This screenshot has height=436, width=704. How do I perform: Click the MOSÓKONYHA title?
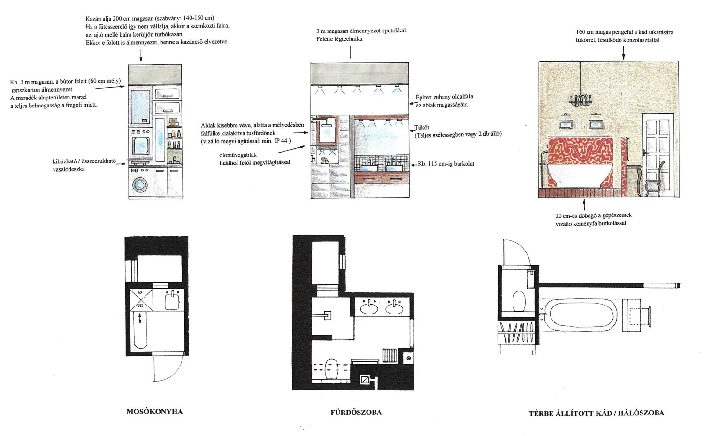(x=154, y=412)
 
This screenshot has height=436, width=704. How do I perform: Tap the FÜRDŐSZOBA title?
(x=356, y=413)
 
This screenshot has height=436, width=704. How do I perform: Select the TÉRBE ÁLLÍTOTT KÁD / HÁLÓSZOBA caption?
(x=596, y=413)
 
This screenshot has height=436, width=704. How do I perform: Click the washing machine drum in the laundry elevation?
(x=138, y=184)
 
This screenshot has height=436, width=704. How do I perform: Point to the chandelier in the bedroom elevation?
(x=580, y=99)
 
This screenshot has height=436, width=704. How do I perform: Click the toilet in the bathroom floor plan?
(x=331, y=369)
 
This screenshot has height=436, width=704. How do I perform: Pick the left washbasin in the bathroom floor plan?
(x=369, y=308)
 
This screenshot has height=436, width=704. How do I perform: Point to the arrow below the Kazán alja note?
(x=141, y=55)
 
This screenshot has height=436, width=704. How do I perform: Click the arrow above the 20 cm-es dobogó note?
(x=584, y=205)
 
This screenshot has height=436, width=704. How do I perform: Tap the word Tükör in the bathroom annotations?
(x=422, y=127)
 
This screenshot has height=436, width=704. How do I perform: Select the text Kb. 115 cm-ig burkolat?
(x=446, y=164)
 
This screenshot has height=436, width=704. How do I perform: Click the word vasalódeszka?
(x=69, y=169)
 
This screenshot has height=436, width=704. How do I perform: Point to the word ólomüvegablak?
(x=238, y=155)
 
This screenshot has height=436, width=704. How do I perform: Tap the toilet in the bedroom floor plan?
(x=519, y=301)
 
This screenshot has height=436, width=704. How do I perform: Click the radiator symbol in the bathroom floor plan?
(x=390, y=355)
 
